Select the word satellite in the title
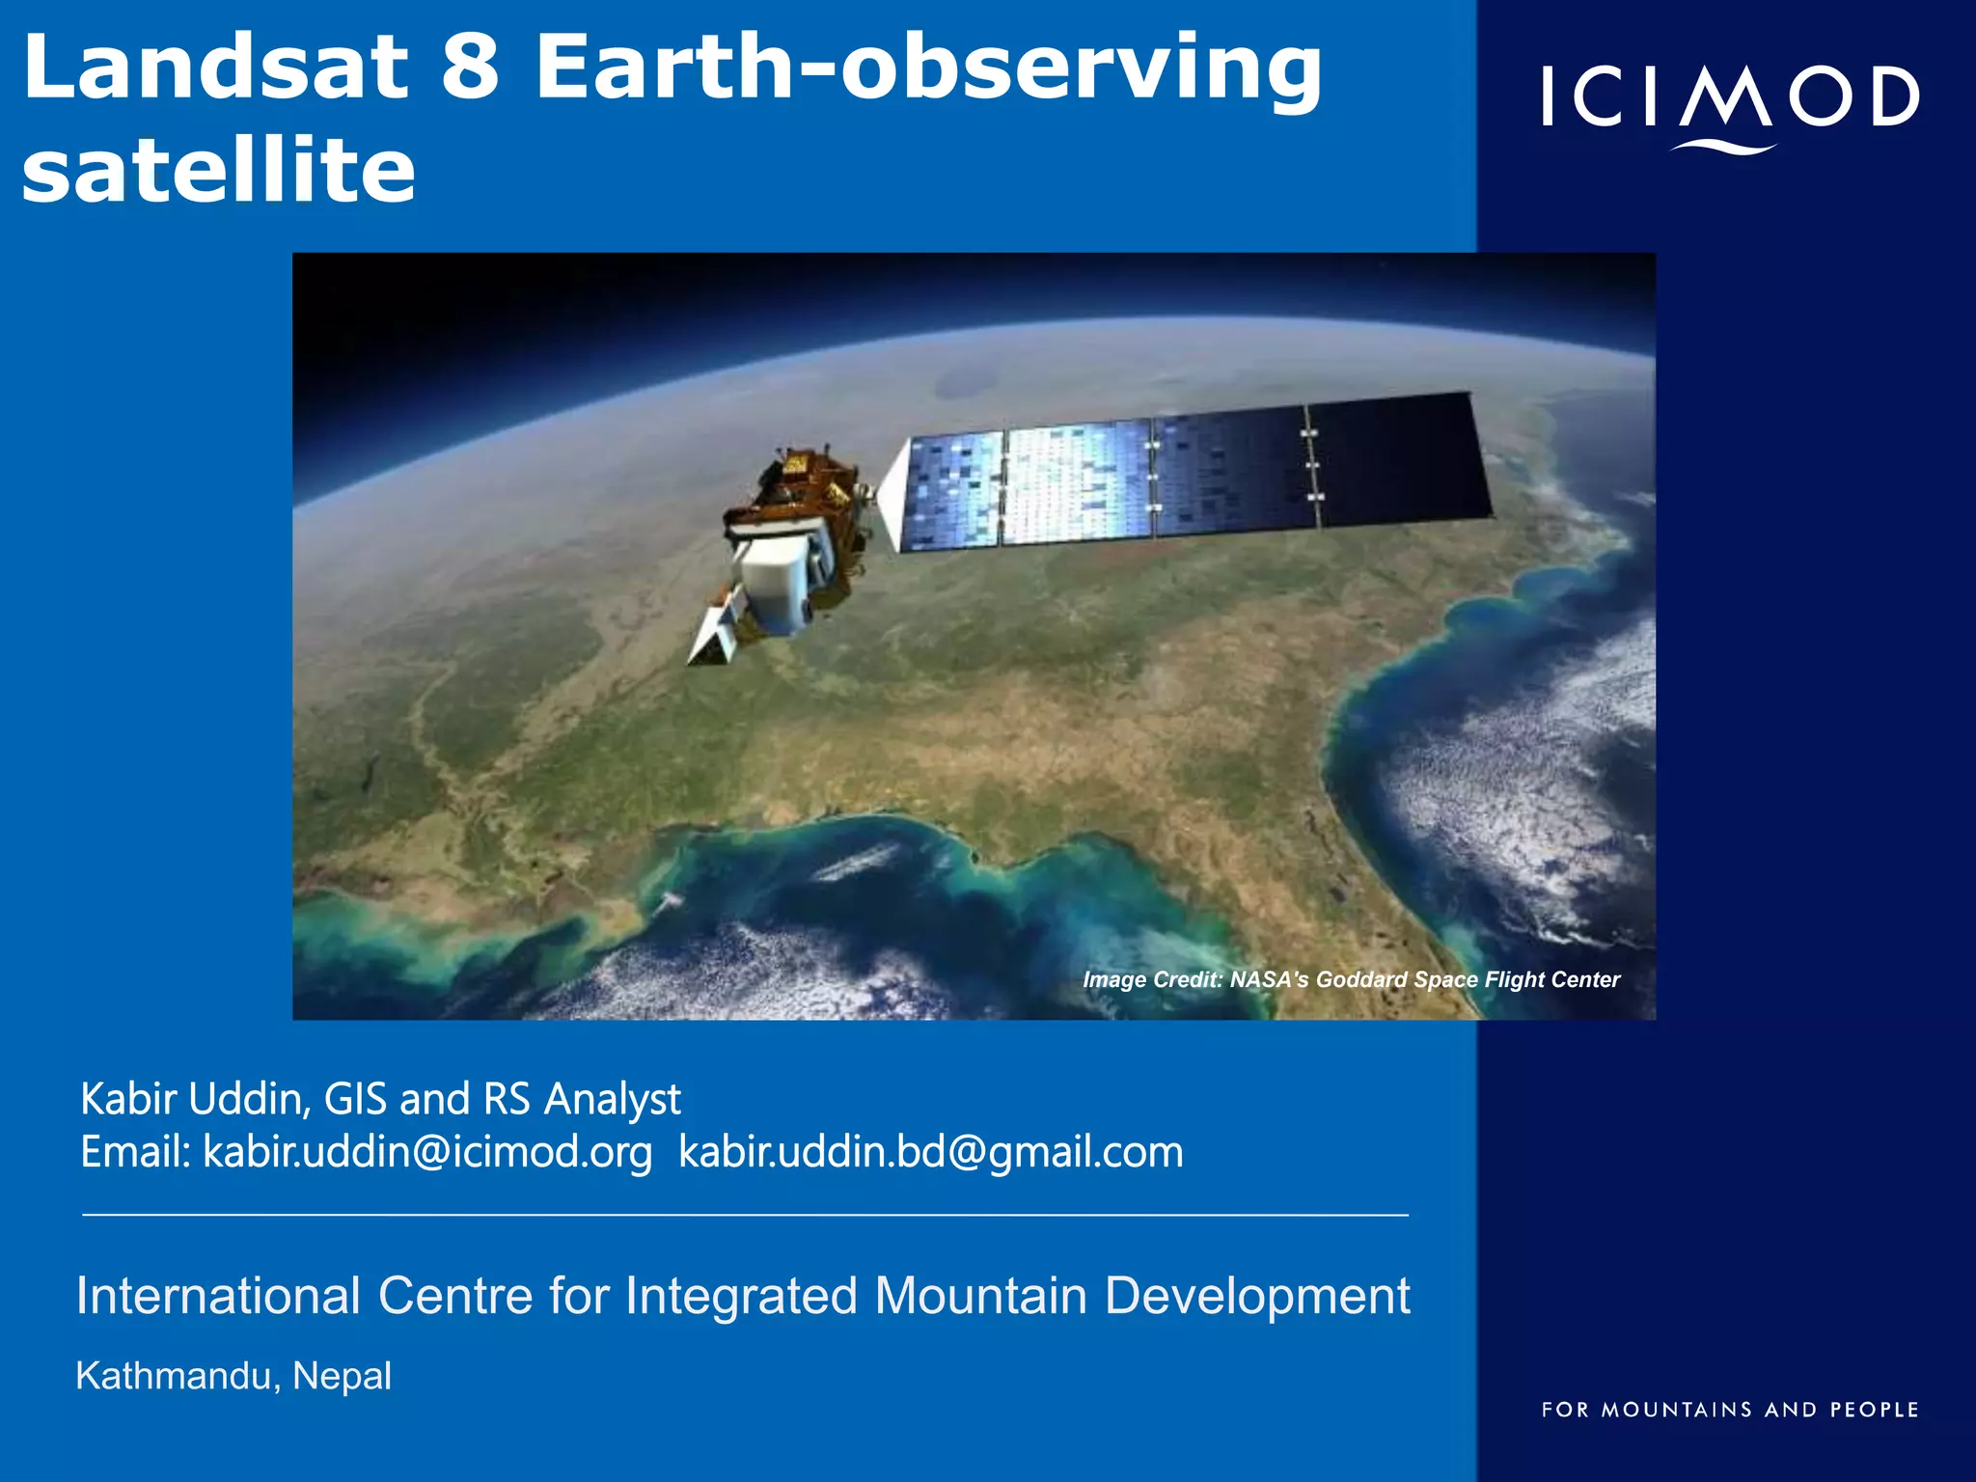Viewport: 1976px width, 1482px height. pyautogui.click(x=218, y=172)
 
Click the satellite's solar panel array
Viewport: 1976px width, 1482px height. pyautogui.click(x=1196, y=473)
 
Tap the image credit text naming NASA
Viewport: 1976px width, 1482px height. pyautogui.click(x=1351, y=979)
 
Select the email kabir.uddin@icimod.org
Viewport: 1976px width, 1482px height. pyautogui.click(x=427, y=1152)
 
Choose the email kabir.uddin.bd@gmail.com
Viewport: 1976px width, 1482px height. pyautogui.click(x=930, y=1152)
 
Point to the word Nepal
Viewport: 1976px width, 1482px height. pyautogui.click(x=342, y=1376)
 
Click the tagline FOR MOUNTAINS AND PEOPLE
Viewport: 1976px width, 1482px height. pyautogui.click(x=1729, y=1410)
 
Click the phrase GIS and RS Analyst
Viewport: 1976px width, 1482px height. pyautogui.click(x=502, y=1099)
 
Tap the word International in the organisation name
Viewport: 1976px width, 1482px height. pyautogui.click(x=218, y=1296)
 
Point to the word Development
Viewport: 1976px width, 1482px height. pyautogui.click(x=1256, y=1296)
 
